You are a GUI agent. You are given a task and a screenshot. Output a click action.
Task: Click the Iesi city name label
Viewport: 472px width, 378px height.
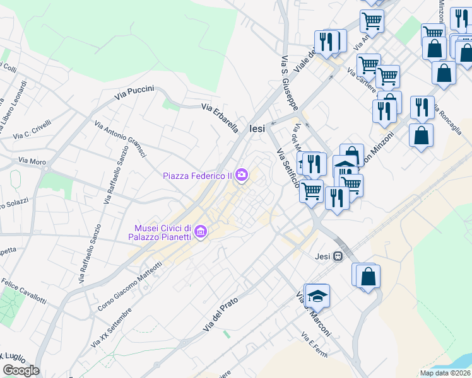tap(257, 128)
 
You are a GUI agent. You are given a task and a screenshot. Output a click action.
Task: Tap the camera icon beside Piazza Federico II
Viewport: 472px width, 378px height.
tap(242, 175)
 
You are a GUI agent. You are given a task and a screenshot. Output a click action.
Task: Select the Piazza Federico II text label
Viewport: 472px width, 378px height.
tap(198, 175)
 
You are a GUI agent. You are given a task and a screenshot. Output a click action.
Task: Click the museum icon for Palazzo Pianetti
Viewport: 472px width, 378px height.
tap(201, 232)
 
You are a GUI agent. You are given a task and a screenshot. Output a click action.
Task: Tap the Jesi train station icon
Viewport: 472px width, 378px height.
tap(339, 256)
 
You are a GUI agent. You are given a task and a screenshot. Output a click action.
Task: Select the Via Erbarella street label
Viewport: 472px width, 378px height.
tap(220, 118)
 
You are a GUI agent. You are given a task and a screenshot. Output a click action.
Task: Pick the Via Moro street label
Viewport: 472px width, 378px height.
tap(32, 162)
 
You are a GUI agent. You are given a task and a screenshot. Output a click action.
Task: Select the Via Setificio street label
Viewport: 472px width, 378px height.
tap(288, 168)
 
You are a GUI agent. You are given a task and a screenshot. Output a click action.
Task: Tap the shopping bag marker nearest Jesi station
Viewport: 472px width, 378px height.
tap(368, 276)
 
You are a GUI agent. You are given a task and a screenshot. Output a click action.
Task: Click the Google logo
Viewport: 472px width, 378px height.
tap(21, 370)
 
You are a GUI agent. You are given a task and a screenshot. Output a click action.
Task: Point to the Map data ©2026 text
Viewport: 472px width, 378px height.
tap(445, 373)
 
